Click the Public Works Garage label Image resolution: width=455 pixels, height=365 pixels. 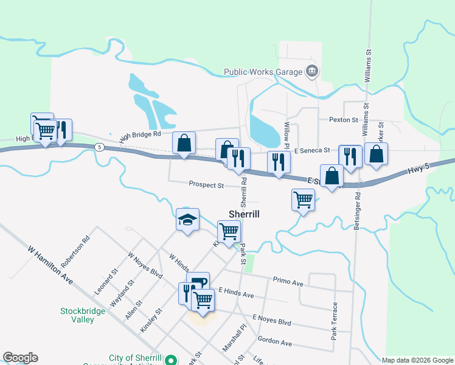263,72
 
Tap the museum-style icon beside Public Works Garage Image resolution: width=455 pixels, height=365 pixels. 312,72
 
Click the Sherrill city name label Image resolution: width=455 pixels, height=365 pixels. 244,214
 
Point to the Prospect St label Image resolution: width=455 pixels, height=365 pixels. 206,184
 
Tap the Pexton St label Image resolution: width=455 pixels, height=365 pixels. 344,120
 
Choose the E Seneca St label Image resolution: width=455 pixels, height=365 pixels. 311,150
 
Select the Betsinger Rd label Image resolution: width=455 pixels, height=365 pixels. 357,211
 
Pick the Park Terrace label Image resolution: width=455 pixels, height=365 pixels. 334,321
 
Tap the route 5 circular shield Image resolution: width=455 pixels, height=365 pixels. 99,147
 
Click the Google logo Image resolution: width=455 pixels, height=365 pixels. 20,358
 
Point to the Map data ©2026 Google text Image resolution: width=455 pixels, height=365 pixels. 417,360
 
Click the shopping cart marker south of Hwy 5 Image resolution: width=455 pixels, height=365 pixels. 303,199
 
